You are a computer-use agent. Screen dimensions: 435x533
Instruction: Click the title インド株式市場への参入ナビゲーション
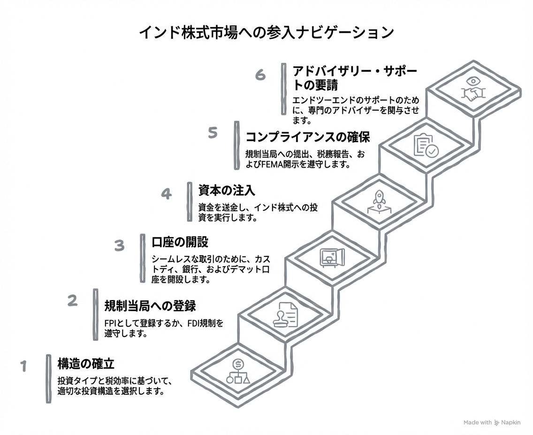click(x=266, y=33)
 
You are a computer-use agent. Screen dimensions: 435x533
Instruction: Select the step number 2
click(x=72, y=300)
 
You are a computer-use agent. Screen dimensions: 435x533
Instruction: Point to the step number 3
click(x=119, y=245)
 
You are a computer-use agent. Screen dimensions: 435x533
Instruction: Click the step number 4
click(x=166, y=194)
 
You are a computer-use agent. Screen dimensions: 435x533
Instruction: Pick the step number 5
click(x=213, y=133)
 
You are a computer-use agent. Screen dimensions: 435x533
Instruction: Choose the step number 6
click(x=260, y=75)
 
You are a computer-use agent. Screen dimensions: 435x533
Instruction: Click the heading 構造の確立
click(x=86, y=363)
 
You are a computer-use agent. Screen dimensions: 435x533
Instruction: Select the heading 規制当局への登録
click(x=150, y=306)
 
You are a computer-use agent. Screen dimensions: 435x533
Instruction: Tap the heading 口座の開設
click(x=180, y=242)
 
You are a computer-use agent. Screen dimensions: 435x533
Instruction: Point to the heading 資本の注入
click(x=227, y=190)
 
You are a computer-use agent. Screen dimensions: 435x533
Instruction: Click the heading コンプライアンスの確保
click(x=308, y=137)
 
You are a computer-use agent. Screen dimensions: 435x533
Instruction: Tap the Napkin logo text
click(x=510, y=422)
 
